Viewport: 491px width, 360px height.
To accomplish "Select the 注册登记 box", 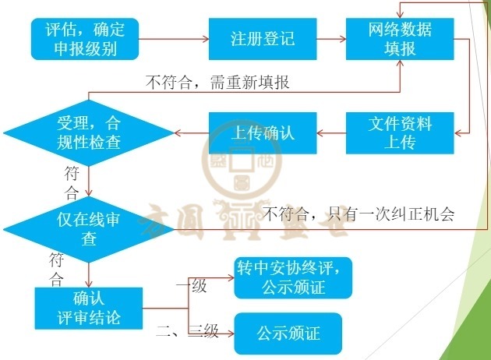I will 263,39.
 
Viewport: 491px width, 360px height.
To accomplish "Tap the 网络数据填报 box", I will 400,39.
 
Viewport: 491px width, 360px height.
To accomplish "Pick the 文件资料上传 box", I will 400,133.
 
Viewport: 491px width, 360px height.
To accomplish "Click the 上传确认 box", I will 263,133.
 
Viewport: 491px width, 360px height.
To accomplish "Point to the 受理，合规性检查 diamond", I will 88,133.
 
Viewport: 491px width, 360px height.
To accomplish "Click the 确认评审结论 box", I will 88,308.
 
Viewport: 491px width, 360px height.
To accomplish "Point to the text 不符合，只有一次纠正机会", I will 359,212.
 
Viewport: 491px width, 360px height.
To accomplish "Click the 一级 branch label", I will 190,286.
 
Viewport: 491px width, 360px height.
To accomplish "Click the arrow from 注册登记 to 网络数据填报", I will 332,39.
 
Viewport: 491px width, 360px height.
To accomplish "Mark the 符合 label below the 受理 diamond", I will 71,182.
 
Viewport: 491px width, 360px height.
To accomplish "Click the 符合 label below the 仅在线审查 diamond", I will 57,268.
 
